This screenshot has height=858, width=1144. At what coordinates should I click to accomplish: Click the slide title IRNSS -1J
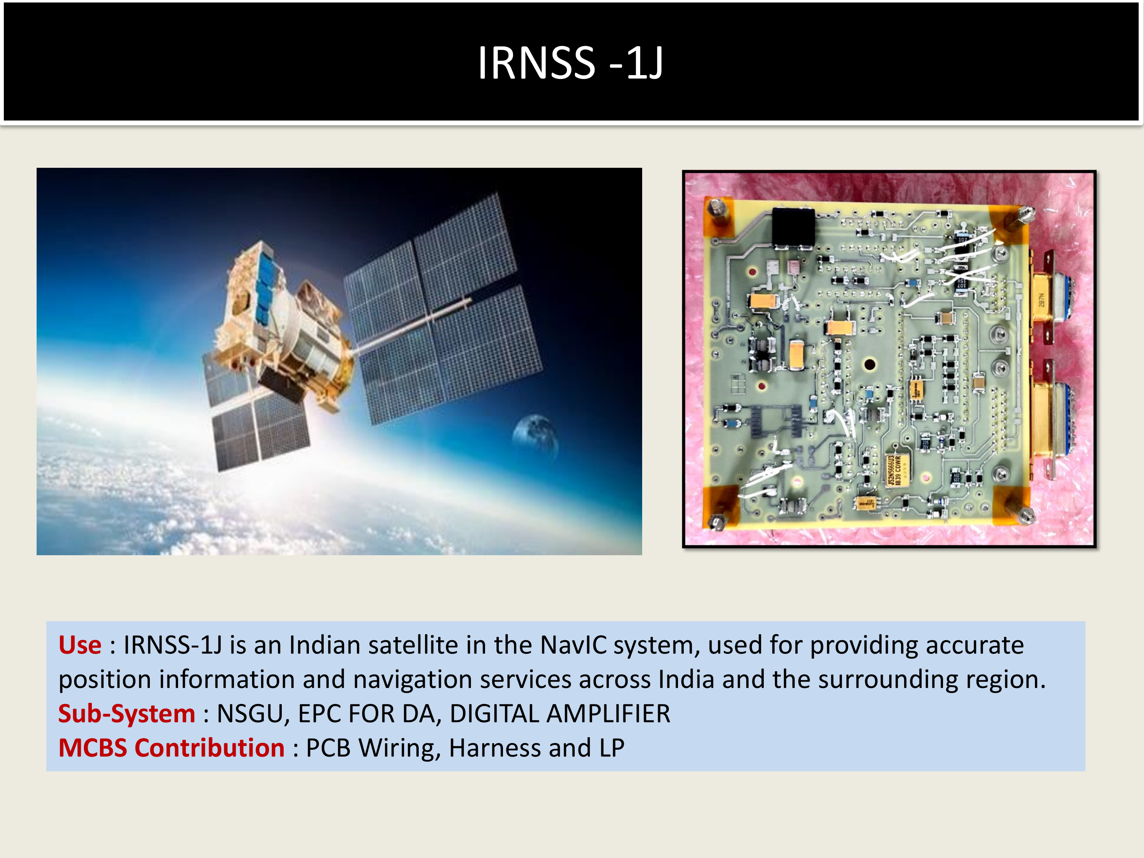pyautogui.click(x=570, y=63)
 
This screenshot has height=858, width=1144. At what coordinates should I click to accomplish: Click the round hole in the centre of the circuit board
pyautogui.click(x=869, y=364)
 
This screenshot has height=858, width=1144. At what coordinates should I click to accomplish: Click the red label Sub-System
pyautogui.click(x=127, y=714)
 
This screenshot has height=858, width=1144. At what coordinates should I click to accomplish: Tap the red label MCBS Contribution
pyautogui.click(x=171, y=748)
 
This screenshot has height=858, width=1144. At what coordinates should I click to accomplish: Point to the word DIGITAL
pyautogui.click(x=494, y=714)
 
